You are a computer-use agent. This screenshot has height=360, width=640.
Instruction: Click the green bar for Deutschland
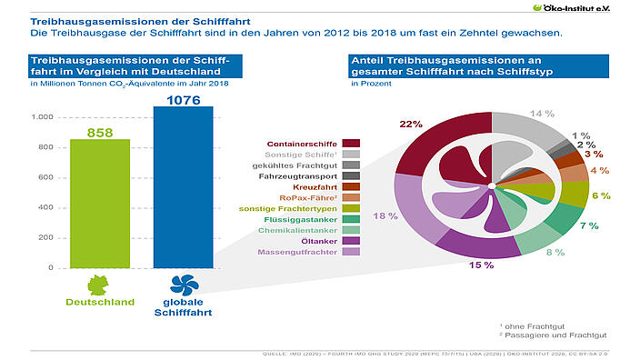click(x=101, y=204)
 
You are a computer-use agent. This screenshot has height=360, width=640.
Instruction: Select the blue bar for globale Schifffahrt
click(x=183, y=187)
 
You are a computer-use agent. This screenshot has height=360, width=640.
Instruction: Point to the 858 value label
click(x=101, y=133)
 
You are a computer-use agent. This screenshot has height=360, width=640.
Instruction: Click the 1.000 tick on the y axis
click(x=42, y=117)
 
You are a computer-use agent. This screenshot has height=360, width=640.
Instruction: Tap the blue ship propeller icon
click(x=183, y=283)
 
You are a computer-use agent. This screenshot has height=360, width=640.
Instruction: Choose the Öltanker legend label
click(x=320, y=241)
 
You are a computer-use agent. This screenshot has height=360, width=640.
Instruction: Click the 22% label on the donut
click(x=411, y=124)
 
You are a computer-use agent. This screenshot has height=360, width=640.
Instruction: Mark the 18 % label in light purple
click(x=385, y=215)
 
